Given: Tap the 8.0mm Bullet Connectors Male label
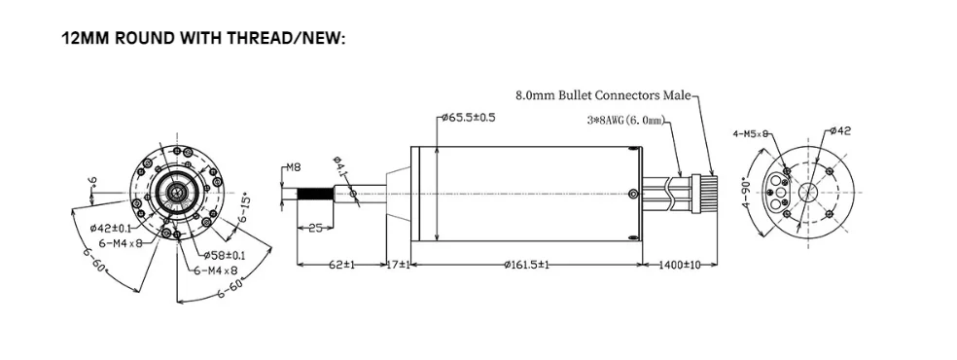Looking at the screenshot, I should pyautogui.click(x=602, y=95).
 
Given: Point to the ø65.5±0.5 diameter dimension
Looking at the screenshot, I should pyautogui.click(x=468, y=118).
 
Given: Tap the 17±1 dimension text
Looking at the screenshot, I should pyautogui.click(x=396, y=265).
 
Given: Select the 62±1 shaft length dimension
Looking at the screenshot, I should pyautogui.click(x=339, y=265).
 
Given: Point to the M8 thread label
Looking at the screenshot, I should pyautogui.click(x=294, y=166).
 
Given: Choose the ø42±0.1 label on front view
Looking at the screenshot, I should pyautogui.click(x=109, y=228).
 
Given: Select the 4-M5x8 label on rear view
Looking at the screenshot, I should pyautogui.click(x=751, y=133).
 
